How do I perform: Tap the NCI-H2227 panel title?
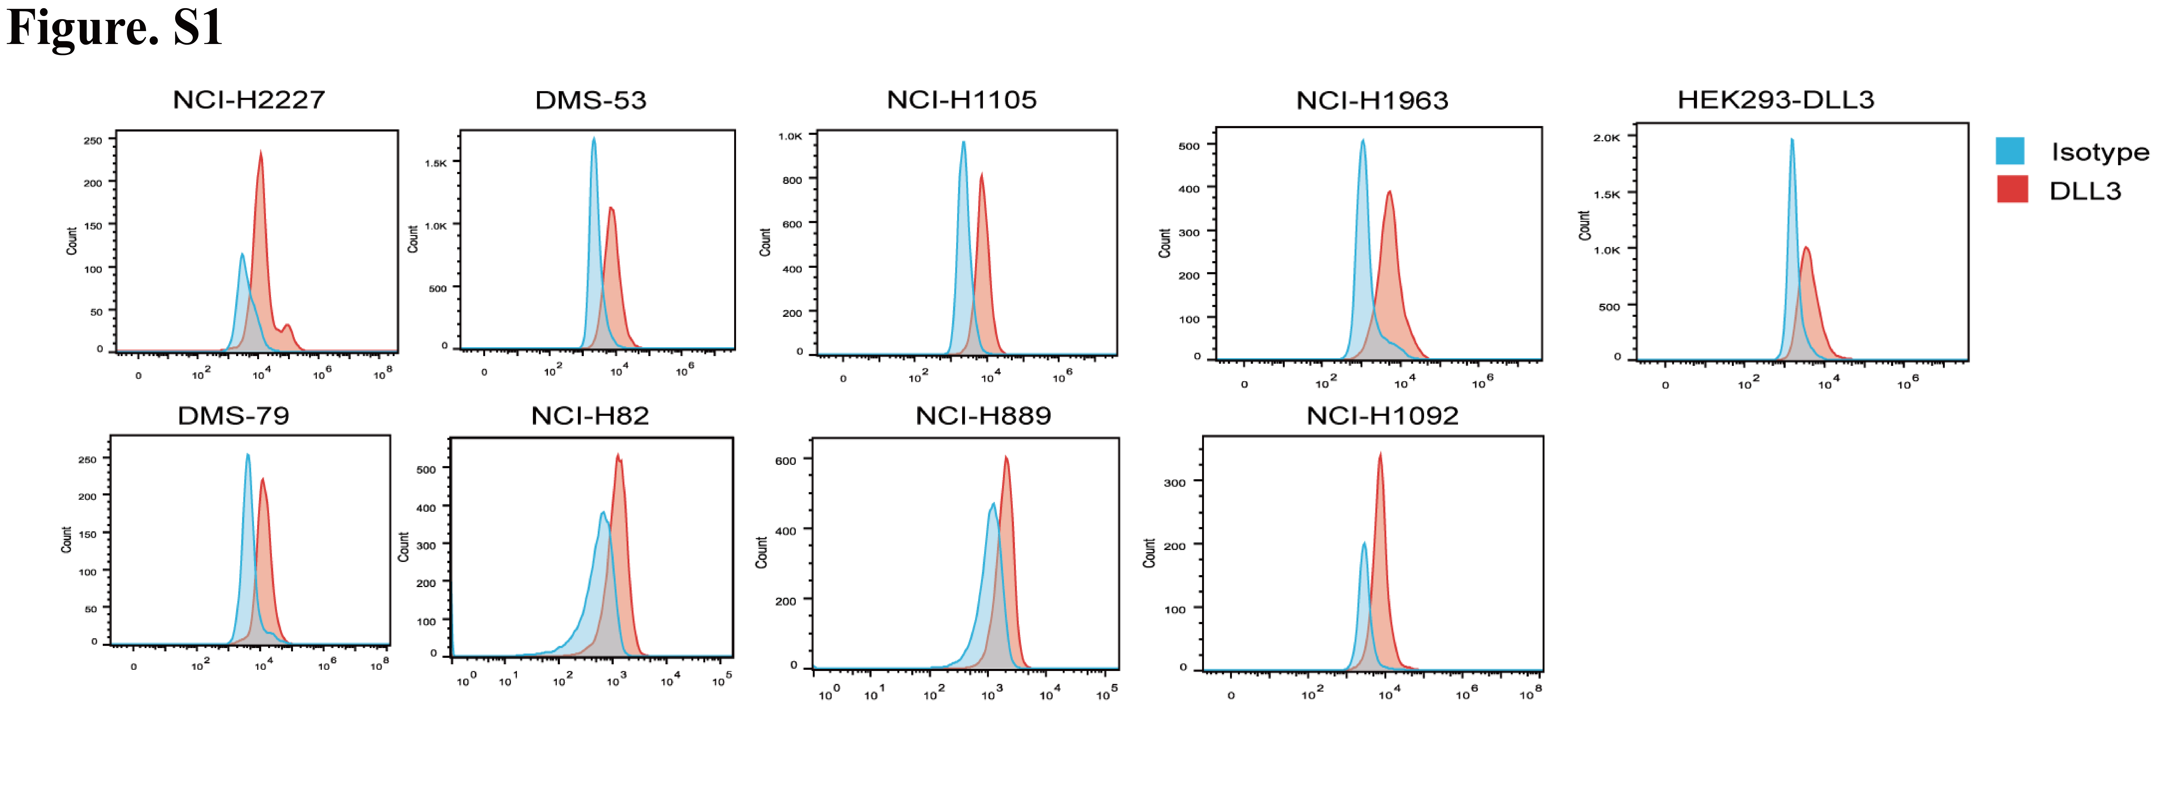pyautogui.click(x=249, y=100)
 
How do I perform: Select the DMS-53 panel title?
pyautogui.click(x=591, y=100)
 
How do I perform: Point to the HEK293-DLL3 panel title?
pyautogui.click(x=1776, y=100)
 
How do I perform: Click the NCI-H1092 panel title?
pyautogui.click(x=1382, y=415)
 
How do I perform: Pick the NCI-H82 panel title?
pyautogui.click(x=590, y=415)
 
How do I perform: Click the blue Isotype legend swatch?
pyautogui.click(x=2010, y=151)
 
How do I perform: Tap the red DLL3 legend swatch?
pyautogui.click(x=2012, y=189)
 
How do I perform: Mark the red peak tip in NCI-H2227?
pyautogui.click(x=260, y=151)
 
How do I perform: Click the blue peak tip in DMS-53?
pyautogui.click(x=594, y=138)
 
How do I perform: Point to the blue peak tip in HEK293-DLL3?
pyautogui.click(x=1792, y=140)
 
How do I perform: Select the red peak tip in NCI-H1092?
pyautogui.click(x=1381, y=454)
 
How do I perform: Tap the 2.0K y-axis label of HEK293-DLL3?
pyautogui.click(x=1606, y=137)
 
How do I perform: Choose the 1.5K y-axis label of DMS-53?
pyautogui.click(x=436, y=162)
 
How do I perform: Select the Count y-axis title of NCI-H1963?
pyautogui.click(x=1165, y=243)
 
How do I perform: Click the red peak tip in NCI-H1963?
pyautogui.click(x=1389, y=192)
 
